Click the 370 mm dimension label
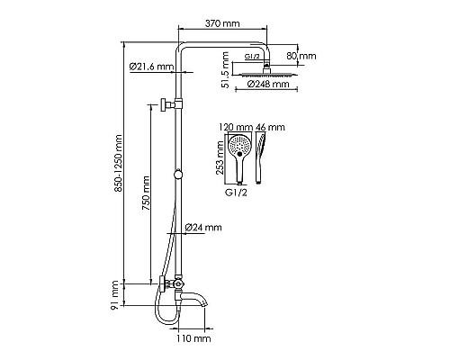click(x=222, y=23)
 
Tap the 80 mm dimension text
click(x=301, y=56)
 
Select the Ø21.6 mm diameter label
click(x=151, y=67)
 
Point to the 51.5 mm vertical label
click(x=225, y=70)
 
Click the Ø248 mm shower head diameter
click(x=268, y=84)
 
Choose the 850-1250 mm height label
click(x=119, y=164)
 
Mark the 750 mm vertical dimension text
click(x=146, y=193)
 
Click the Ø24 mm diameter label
click(x=203, y=228)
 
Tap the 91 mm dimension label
click(x=114, y=295)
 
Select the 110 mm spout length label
click(x=193, y=338)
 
